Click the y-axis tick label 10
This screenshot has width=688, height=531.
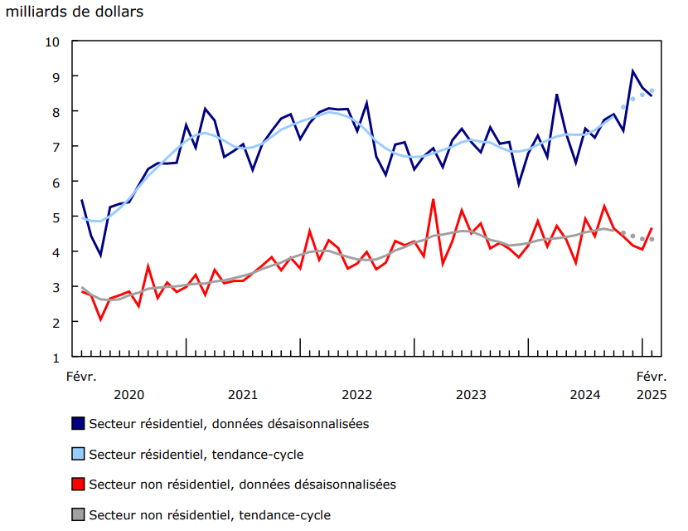[53, 41]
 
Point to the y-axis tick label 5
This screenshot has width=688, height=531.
[56, 217]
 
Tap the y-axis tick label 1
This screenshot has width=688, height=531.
[56, 358]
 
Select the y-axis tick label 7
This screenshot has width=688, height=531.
[56, 147]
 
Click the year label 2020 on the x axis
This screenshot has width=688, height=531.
[128, 394]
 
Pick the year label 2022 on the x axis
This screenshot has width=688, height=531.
[356, 394]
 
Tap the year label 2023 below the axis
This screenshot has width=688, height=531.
[471, 394]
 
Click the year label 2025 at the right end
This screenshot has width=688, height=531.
[652, 394]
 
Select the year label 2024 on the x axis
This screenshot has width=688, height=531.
[585, 394]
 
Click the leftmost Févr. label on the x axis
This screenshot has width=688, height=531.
[81, 376]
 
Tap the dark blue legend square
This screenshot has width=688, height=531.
[78, 423]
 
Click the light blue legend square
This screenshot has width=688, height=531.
[78, 454]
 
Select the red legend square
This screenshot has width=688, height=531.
[78, 484]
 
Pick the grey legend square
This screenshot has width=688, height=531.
[78, 514]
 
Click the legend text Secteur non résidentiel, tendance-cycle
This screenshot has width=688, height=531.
[210, 514]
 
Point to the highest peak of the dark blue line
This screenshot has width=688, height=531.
[632, 71]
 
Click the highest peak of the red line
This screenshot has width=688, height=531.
[433, 199]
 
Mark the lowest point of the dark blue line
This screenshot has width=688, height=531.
[100, 256]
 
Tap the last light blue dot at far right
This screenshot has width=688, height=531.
[652, 90]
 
